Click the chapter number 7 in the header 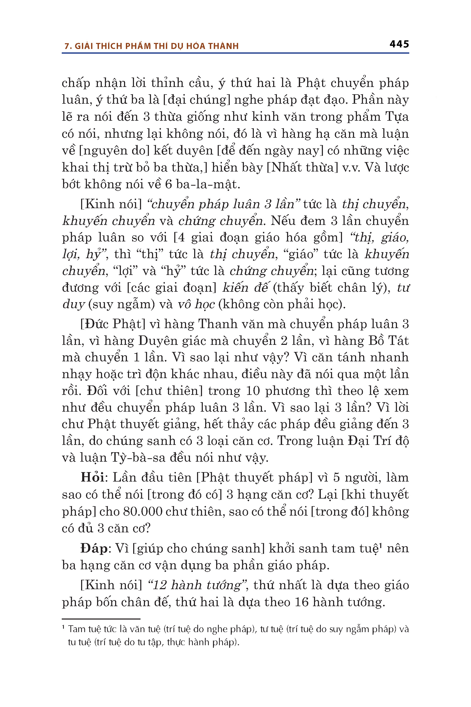pyautogui.click(x=67, y=46)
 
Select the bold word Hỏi pyautogui.click(x=92, y=478)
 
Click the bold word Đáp pyautogui.click(x=94, y=549)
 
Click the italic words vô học pyautogui.click(x=196, y=304)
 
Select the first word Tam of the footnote pyautogui.click(x=75, y=629)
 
